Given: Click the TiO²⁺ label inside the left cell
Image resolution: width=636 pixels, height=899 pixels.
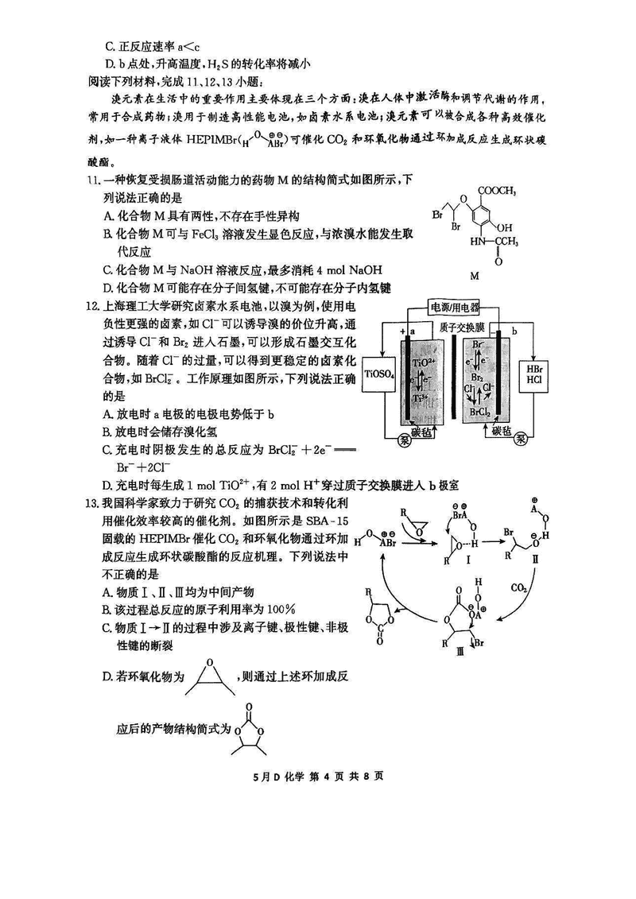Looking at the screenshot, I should (423, 362).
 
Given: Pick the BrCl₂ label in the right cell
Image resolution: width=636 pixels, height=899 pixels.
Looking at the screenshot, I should (479, 413).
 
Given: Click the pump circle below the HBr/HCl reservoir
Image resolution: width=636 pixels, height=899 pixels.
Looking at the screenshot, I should (522, 437).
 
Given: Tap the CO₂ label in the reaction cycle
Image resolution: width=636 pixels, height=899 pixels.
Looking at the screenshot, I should (521, 589).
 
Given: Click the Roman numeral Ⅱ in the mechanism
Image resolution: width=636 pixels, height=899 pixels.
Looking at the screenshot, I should (533, 559).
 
